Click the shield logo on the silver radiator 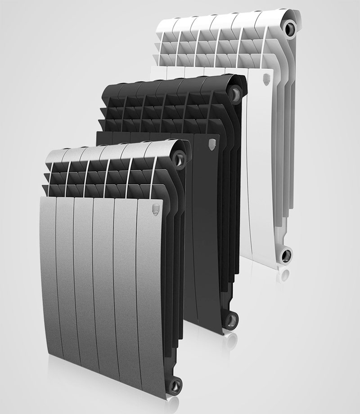click(x=156, y=208)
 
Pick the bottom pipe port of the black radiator click(x=231, y=320)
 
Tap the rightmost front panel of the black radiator click(x=207, y=225)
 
